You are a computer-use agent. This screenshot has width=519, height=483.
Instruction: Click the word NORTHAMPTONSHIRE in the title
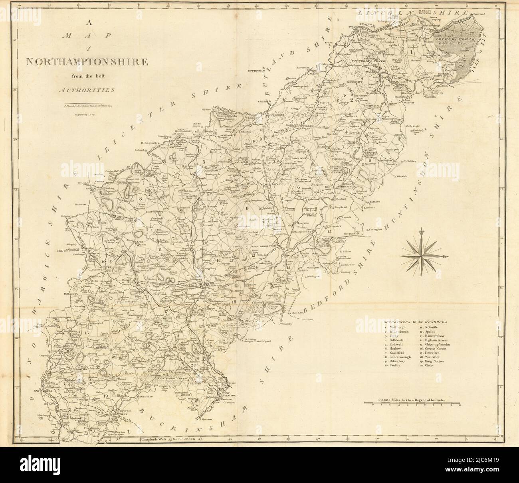point(86,62)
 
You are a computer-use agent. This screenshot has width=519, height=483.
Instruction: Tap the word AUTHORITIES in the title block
point(86,90)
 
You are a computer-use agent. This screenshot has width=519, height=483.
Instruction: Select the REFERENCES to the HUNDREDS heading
point(416,321)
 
